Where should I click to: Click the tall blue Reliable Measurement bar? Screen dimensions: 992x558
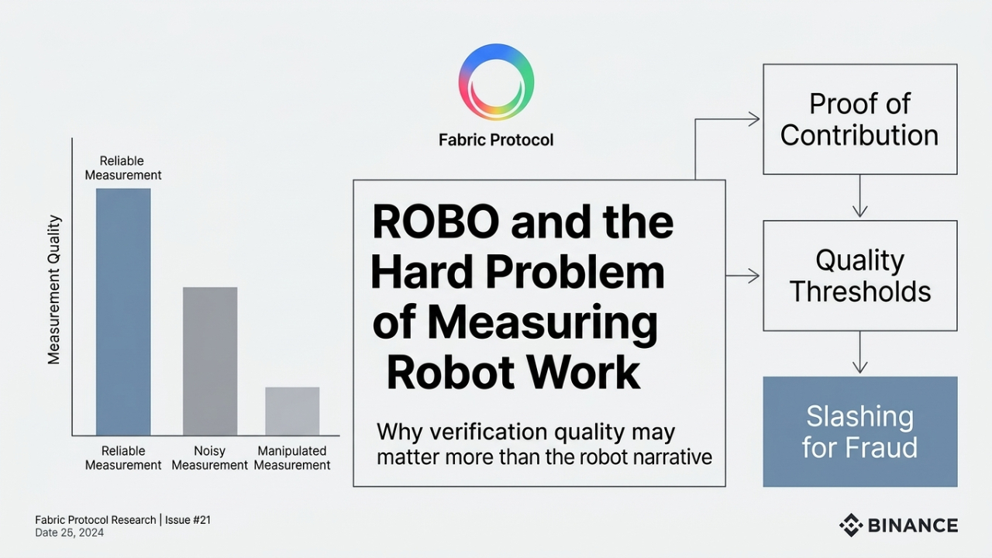click(x=123, y=312)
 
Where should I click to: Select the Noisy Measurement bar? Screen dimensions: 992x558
click(x=210, y=361)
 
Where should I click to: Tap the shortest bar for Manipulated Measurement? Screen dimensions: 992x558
click(x=292, y=411)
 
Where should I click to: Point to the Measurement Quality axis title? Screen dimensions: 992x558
click(x=53, y=290)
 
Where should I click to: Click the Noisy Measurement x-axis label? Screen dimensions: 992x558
click(x=210, y=458)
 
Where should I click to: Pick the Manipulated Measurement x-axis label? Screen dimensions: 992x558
click(x=292, y=458)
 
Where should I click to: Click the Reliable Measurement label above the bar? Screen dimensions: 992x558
click(x=122, y=168)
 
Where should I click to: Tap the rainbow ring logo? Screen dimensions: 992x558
click(x=496, y=82)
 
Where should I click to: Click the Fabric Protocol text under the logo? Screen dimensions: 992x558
click(x=496, y=140)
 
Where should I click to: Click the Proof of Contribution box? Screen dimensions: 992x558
click(x=859, y=119)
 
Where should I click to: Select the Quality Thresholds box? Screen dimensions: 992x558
click(x=859, y=276)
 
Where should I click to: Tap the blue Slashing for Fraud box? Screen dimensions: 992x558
click(x=859, y=432)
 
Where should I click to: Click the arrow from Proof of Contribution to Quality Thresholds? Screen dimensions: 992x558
click(x=859, y=197)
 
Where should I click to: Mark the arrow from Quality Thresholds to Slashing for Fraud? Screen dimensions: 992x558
click(x=859, y=353)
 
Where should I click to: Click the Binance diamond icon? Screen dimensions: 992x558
click(x=851, y=525)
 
